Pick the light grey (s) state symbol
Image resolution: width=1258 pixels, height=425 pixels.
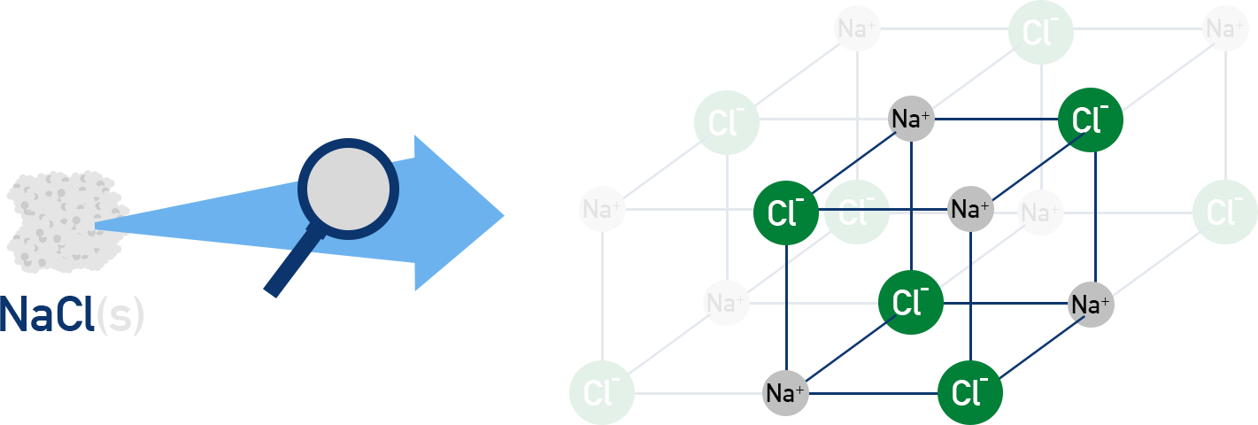tap(119, 316)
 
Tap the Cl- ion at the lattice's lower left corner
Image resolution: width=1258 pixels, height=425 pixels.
tap(602, 392)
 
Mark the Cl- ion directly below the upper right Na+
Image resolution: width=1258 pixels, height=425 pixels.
tap(1225, 210)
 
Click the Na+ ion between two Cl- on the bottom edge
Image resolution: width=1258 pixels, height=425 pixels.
tap(786, 391)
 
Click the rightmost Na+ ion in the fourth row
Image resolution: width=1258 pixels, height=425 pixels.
tap(1091, 305)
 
